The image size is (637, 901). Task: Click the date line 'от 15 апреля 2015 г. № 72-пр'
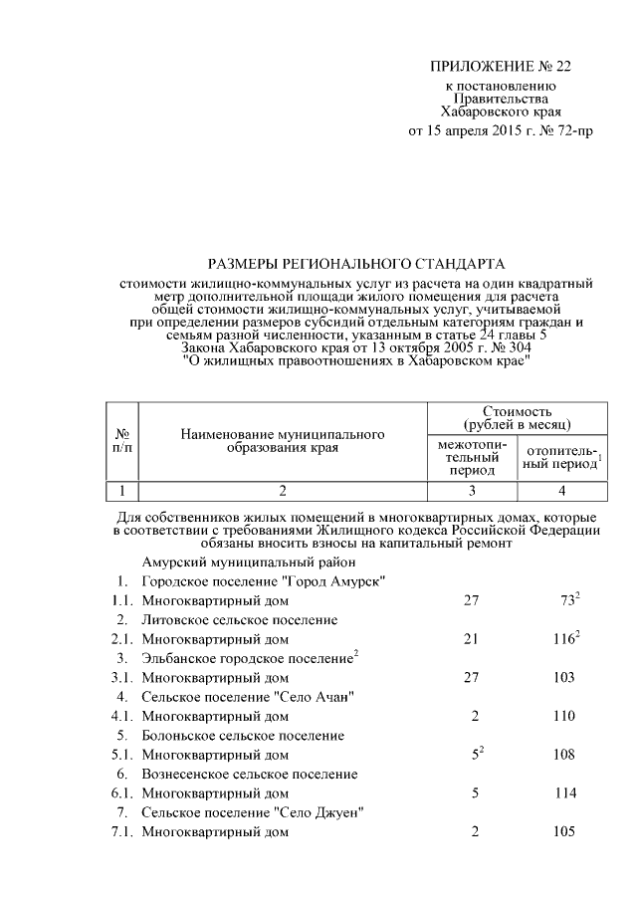click(502, 130)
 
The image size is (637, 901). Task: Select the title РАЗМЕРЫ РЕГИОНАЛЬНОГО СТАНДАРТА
click(356, 264)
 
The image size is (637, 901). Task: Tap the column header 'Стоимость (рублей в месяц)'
click(517, 417)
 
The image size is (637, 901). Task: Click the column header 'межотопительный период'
click(472, 456)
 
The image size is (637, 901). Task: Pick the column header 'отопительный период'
click(562, 457)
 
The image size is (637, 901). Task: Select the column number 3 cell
click(472, 491)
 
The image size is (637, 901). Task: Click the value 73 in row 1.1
click(567, 600)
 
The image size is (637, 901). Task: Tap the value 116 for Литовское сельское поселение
click(563, 639)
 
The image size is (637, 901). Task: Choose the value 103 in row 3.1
click(563, 677)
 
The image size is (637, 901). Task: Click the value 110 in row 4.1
click(563, 716)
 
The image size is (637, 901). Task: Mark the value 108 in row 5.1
click(563, 755)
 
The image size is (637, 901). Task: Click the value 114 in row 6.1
click(563, 793)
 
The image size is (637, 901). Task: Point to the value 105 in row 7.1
click(563, 832)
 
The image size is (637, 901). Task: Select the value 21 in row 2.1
click(472, 639)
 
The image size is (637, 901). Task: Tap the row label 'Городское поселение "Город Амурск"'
click(264, 581)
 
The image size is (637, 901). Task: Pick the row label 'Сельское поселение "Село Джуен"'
click(251, 813)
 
